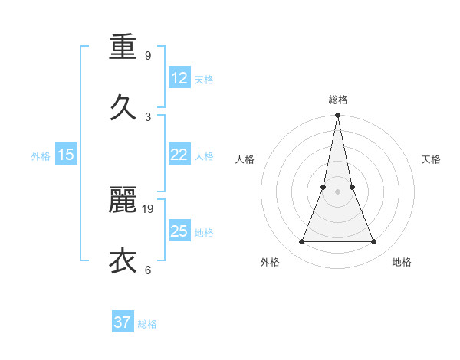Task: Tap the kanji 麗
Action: click(123, 201)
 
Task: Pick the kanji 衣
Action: click(123, 260)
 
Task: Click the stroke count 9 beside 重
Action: click(147, 56)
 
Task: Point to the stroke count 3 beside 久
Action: click(147, 116)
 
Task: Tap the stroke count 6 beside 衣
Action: click(147, 270)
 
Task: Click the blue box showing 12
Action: click(179, 78)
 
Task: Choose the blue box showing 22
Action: click(179, 155)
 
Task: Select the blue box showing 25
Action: click(179, 231)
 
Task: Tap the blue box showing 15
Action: click(66, 155)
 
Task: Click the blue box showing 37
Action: click(123, 322)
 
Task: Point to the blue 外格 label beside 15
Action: click(41, 155)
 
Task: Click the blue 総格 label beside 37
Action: click(147, 324)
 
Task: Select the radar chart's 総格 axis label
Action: click(337, 100)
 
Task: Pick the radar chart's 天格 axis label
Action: click(431, 159)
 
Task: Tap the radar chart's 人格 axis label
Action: click(245, 159)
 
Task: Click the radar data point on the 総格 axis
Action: click(337, 116)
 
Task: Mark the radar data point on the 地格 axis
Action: click(374, 242)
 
